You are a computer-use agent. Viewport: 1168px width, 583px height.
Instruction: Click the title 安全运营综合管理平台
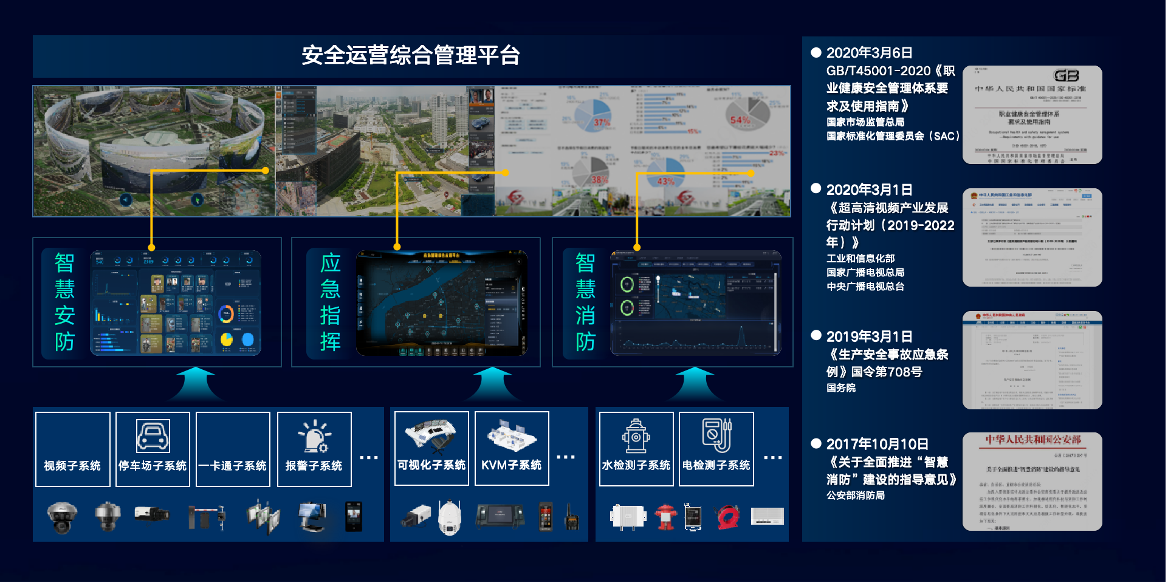pyautogui.click(x=411, y=55)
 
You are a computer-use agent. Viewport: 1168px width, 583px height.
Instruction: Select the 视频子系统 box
pyautogui.click(x=73, y=449)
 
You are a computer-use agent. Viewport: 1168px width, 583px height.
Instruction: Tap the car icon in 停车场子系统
pyautogui.click(x=153, y=435)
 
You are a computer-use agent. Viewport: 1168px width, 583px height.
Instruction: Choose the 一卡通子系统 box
pyautogui.click(x=233, y=449)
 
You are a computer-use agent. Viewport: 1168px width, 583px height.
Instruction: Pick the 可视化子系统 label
pyautogui.click(x=431, y=465)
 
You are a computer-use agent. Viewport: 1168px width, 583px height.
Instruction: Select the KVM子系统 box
pyautogui.click(x=512, y=449)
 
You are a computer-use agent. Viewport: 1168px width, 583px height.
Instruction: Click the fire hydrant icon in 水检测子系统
pyautogui.click(x=636, y=435)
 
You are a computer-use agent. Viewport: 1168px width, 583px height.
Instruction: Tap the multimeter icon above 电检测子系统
pyautogui.click(x=716, y=435)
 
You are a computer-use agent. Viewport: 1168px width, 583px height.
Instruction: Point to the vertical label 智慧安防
pyautogui.click(x=64, y=302)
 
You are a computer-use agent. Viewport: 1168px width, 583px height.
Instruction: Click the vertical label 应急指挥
pyautogui.click(x=330, y=302)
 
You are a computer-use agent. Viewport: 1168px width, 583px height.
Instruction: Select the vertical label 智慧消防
pyautogui.click(x=585, y=302)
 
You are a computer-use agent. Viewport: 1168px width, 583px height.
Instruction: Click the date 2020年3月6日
pyautogui.click(x=869, y=53)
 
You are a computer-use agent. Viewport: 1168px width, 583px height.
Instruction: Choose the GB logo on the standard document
pyautogui.click(x=1067, y=76)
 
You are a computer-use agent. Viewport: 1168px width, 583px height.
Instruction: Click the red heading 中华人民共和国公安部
pyautogui.click(x=1033, y=440)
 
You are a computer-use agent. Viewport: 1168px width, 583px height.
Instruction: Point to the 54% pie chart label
pyautogui.click(x=740, y=120)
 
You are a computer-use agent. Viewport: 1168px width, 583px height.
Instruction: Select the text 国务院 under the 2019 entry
pyautogui.click(x=841, y=388)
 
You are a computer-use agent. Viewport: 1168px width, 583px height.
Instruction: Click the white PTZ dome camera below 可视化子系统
pyautogui.click(x=450, y=517)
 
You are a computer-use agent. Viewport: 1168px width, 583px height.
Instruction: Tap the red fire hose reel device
pyautogui.click(x=728, y=517)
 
